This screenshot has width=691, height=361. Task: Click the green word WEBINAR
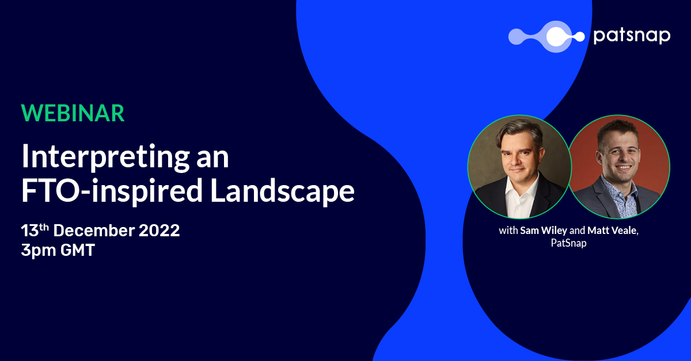(x=73, y=113)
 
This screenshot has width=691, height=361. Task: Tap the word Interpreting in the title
(x=105, y=158)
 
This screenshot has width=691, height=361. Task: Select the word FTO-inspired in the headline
(x=112, y=191)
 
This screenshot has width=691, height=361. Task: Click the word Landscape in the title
(x=282, y=191)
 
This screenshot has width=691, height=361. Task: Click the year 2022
(x=159, y=231)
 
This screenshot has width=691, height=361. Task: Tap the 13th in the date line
(x=35, y=230)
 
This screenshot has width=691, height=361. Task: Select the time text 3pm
(x=39, y=251)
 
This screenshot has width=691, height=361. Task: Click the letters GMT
(x=77, y=249)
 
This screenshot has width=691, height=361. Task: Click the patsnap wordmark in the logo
(x=632, y=36)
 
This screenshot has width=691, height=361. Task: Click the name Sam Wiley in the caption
(x=544, y=231)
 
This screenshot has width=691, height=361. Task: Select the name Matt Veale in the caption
(x=612, y=231)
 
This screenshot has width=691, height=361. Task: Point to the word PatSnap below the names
(x=568, y=243)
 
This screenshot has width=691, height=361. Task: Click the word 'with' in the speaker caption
(x=508, y=231)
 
